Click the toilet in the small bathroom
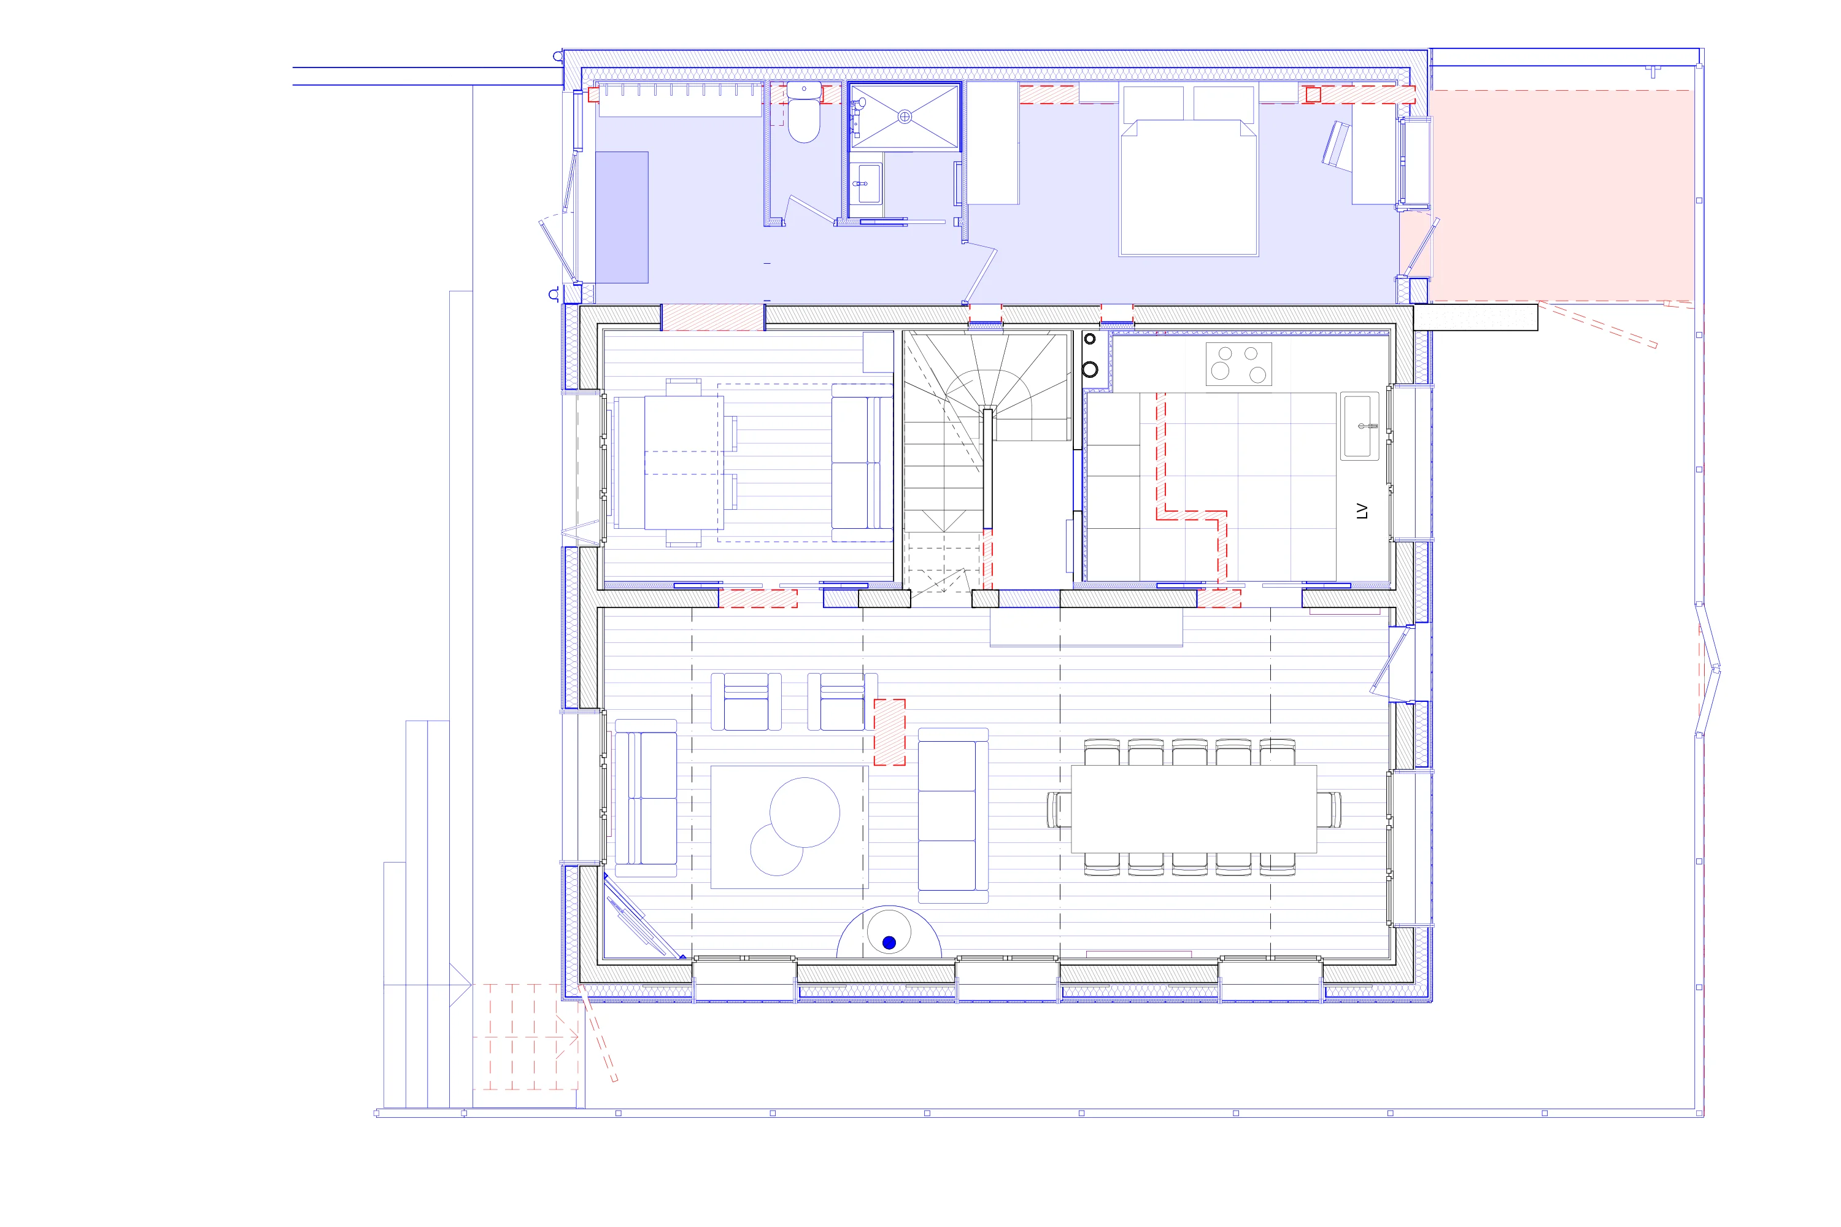804,119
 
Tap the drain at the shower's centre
905,117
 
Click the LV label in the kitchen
1362,511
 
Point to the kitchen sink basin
1360,426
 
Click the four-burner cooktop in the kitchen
1238,364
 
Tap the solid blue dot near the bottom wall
889,943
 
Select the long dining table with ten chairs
1194,809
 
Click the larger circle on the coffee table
805,812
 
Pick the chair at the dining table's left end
1059,809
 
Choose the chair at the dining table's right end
1329,809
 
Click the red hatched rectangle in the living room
890,733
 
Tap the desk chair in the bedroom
1336,145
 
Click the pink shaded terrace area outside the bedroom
1562,196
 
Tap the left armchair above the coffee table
746,702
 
